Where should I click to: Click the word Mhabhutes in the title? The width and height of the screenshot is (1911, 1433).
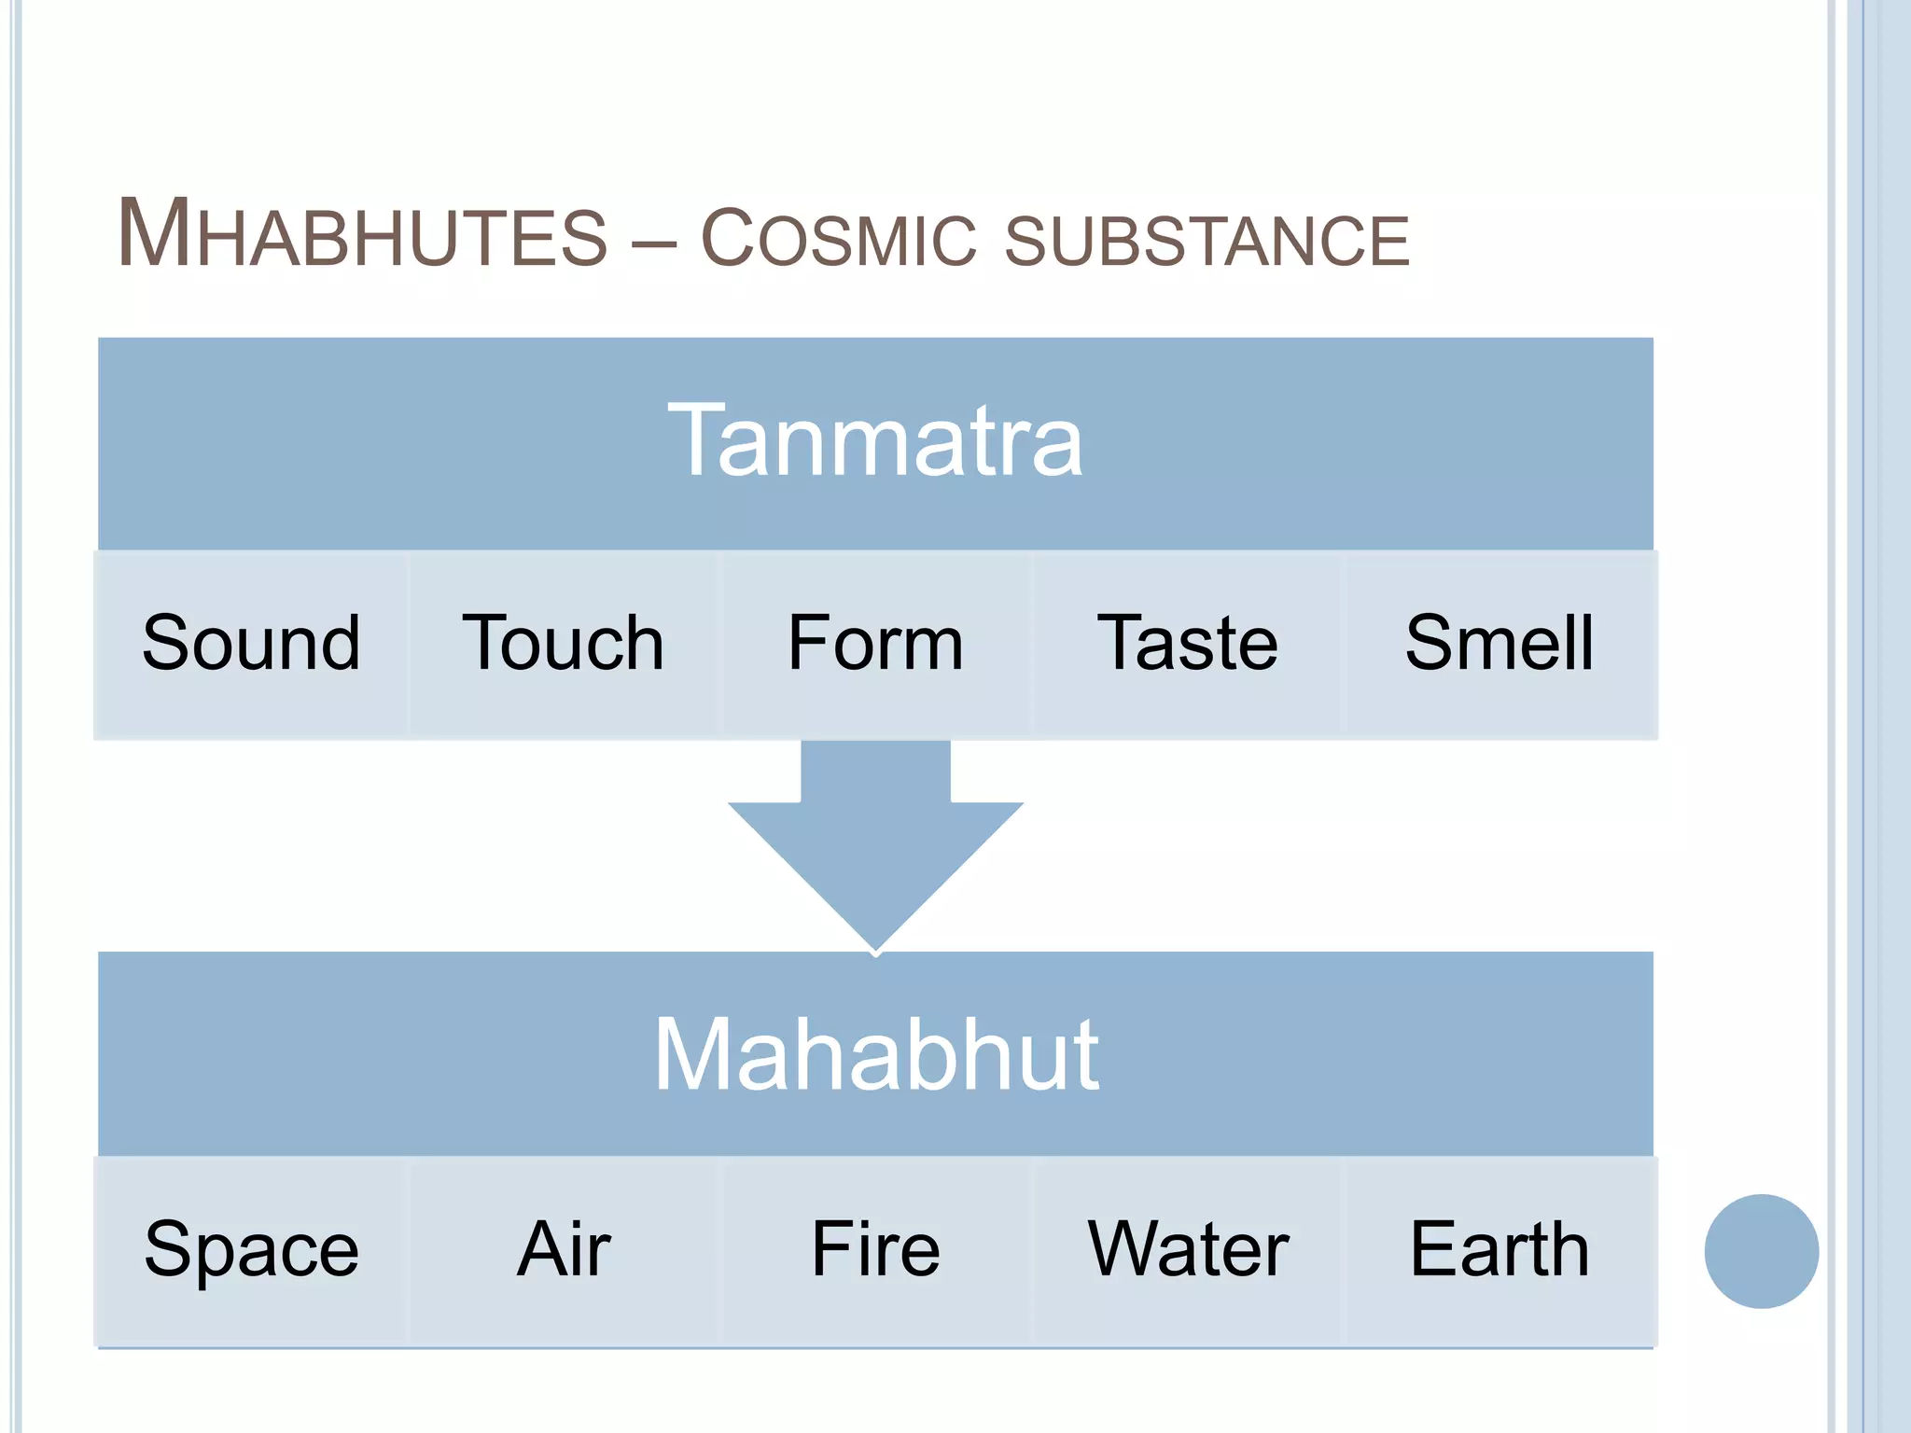tap(362, 235)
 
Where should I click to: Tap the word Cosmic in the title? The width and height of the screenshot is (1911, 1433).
tap(837, 239)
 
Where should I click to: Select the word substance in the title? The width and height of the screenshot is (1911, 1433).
tap(1207, 241)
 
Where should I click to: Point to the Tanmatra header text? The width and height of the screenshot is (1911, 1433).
tap(875, 440)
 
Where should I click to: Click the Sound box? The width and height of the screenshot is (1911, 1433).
tap(251, 644)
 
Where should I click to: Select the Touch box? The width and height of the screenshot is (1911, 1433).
tap(563, 644)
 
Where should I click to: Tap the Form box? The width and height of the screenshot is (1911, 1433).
tap(875, 644)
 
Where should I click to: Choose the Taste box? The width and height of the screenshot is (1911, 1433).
tap(1187, 644)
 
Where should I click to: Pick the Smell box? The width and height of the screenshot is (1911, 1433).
tap(1500, 644)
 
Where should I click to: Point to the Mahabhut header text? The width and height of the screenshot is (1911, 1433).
tap(875, 1054)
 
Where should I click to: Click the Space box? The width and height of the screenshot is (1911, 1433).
tap(251, 1250)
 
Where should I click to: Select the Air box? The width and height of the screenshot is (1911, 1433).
tap(563, 1250)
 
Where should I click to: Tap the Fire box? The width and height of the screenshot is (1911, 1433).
tap(875, 1250)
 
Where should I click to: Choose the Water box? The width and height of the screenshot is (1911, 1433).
tap(1187, 1250)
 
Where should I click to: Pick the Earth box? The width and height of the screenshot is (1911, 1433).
tap(1500, 1250)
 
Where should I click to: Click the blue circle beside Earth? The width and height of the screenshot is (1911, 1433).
tap(1761, 1251)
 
